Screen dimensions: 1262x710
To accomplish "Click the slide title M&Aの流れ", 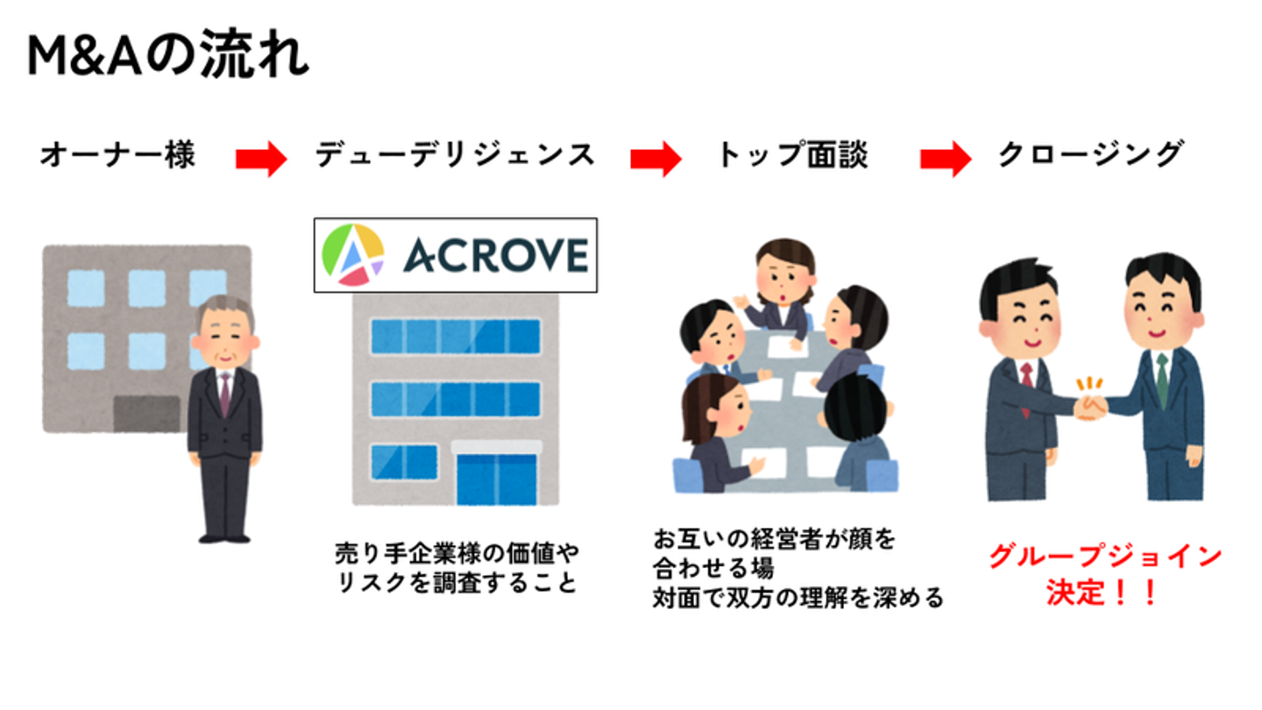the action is coord(168,55).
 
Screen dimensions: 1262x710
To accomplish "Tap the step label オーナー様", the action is coord(117,155).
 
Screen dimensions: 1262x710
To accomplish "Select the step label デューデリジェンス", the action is coord(455,155).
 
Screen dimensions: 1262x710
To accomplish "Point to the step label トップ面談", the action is coord(792,155).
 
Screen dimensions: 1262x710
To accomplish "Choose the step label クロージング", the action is coord(1091,155).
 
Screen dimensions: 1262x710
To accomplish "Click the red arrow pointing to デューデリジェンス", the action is coord(261,159).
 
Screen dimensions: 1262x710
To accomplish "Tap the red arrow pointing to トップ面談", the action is coord(656,159).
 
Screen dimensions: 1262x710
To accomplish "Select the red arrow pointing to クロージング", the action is coord(946,159).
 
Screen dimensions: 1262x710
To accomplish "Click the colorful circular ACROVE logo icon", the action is coord(353,255).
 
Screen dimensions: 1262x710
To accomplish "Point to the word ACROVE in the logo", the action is coord(496,255).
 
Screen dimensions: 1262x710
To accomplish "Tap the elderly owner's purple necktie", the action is coord(224,394).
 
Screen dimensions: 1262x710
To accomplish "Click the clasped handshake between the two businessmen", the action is coord(1090,407).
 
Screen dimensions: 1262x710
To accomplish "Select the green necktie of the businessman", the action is coord(1162,380).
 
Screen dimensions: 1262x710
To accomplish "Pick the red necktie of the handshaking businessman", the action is coord(1026,389).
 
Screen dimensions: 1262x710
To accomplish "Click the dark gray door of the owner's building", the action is coord(147,414).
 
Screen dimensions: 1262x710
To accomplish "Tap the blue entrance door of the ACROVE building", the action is coord(496,479).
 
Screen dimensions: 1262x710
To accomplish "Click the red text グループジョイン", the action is coord(1105,556).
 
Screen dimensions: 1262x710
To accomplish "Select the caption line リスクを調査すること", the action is coord(457,583).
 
